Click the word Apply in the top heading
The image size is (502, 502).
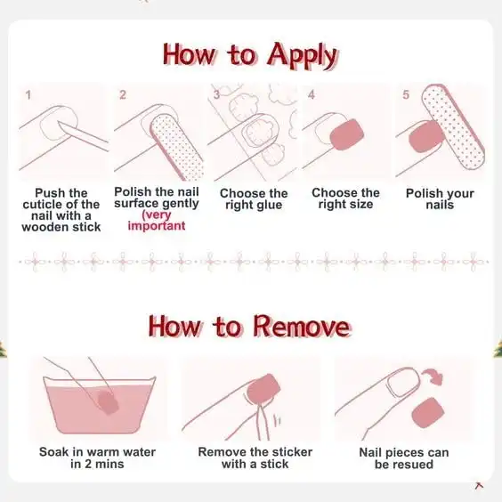coord(302,56)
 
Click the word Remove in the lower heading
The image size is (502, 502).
coord(302,327)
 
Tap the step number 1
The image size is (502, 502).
coord(28,95)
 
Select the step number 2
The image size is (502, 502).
coord(123,95)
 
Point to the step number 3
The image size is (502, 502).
coord(217,94)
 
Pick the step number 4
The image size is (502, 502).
coord(312,94)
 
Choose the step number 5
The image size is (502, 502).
coord(406,94)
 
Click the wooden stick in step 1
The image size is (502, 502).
coord(83,135)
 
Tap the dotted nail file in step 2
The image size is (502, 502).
coord(177,147)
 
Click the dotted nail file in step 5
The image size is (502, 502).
coord(453,126)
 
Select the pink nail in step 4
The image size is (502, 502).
coord(347,134)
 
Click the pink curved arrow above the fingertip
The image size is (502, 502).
coord(433,376)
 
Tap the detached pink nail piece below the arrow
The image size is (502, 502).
coord(428,413)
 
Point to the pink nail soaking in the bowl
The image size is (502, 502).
coord(109,401)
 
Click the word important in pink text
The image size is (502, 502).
coord(157,226)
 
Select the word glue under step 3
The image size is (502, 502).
coord(268,206)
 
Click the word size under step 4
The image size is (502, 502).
coord(360,204)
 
